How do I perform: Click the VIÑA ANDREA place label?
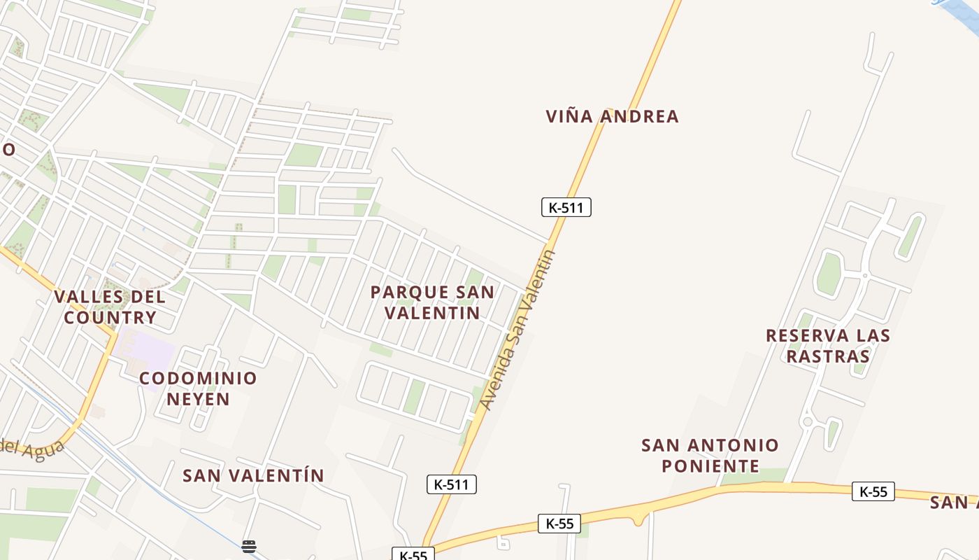[612, 116]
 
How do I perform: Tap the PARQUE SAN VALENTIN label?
[432, 302]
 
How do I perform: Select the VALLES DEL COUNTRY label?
[110, 307]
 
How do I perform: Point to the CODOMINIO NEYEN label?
[198, 388]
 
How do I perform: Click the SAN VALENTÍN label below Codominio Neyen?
[253, 476]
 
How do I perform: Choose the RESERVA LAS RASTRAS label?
[828, 346]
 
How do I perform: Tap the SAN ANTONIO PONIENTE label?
[710, 456]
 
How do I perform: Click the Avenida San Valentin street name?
[518, 330]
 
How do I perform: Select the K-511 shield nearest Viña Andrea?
[566, 207]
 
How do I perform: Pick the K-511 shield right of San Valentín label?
[451, 484]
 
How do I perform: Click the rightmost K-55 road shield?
[873, 491]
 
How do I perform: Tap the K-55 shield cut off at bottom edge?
[413, 554]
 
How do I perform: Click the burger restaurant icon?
[249, 547]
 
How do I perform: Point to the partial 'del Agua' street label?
[31, 446]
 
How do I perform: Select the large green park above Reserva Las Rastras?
[829, 274]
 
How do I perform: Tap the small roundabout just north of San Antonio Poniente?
[807, 421]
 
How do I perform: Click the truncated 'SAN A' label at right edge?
[954, 503]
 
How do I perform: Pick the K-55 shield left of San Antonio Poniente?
[559, 523]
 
